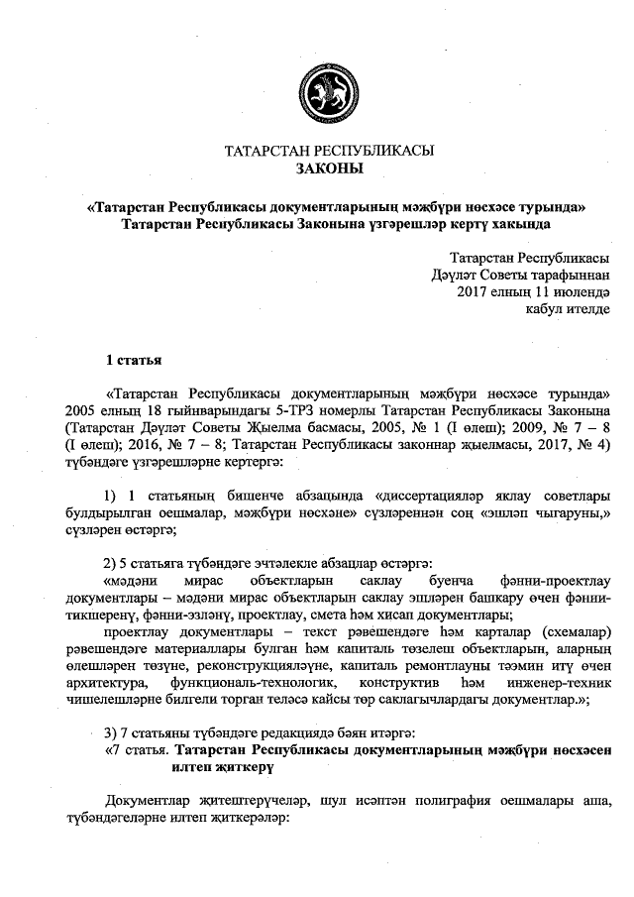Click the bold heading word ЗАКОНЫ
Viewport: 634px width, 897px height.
[x=330, y=169]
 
